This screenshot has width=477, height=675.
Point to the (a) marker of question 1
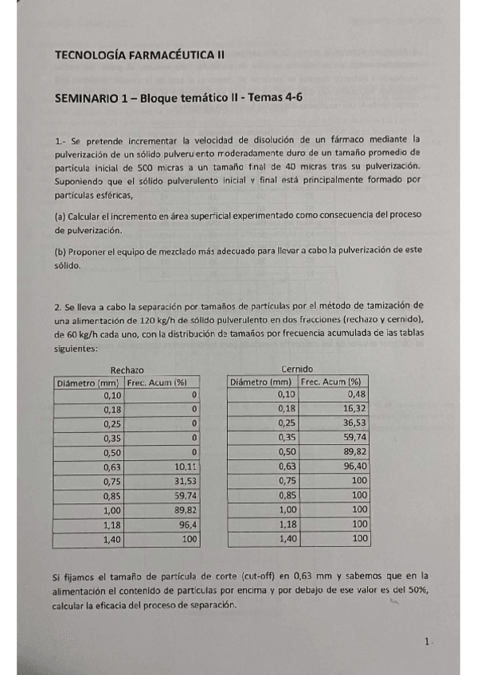(x=61, y=216)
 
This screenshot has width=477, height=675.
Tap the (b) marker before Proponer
(x=61, y=251)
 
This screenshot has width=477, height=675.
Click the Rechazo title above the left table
(x=127, y=369)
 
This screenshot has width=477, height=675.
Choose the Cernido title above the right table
(x=298, y=369)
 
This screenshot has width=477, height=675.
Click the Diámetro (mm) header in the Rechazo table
(x=88, y=382)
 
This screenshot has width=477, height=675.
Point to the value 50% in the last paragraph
(x=417, y=589)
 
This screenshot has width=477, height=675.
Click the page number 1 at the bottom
(x=427, y=642)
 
